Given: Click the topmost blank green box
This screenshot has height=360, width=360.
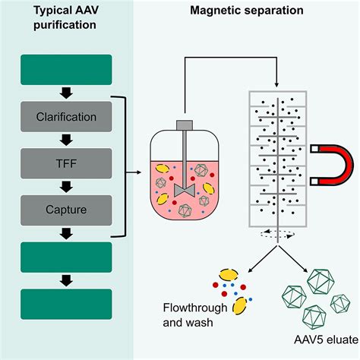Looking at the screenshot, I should [x=67, y=71].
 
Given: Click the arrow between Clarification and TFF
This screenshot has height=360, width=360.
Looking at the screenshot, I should [x=67, y=139].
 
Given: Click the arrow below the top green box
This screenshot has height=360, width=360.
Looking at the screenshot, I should [x=67, y=93].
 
